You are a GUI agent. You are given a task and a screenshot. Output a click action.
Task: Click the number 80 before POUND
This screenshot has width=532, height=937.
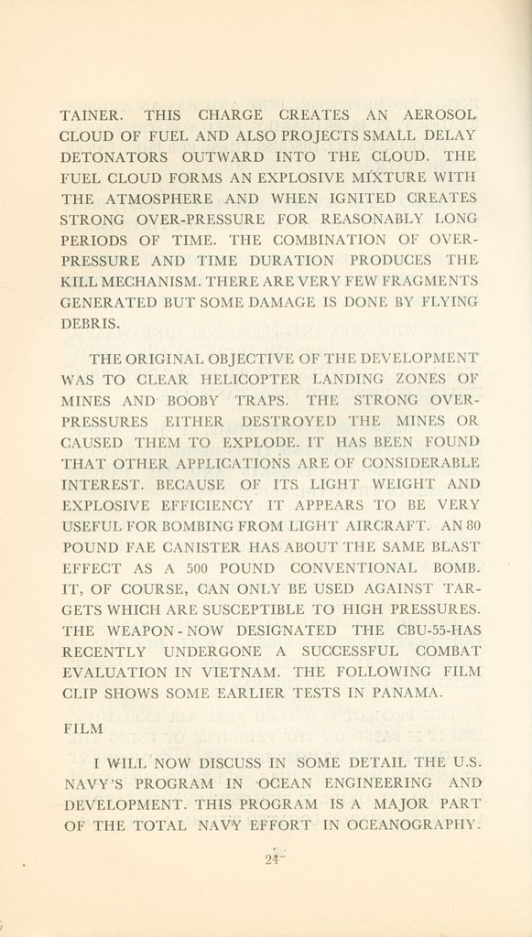pyautogui.click(x=472, y=525)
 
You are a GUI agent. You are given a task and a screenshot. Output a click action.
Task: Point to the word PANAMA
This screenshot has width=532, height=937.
pyautogui.click(x=406, y=693)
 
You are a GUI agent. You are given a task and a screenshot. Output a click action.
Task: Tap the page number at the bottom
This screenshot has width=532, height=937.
pyautogui.click(x=271, y=859)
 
